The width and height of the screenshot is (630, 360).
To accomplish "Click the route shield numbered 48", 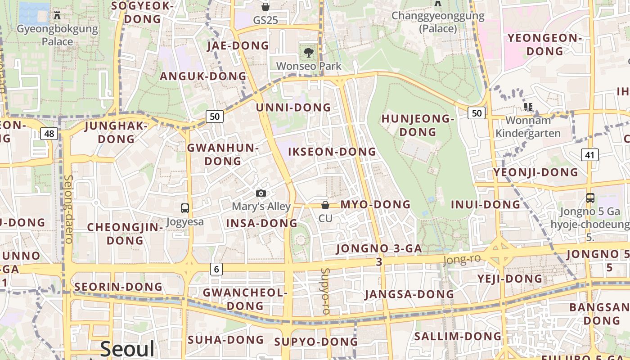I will pyautogui.click(x=49, y=133).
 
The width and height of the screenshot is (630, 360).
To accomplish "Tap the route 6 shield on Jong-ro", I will pyautogui.click(x=216, y=269).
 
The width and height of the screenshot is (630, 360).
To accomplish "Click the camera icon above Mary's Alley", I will pyautogui.click(x=261, y=193).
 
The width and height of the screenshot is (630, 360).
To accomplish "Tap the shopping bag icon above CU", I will pyautogui.click(x=325, y=205).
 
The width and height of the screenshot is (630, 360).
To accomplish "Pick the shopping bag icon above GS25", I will pyautogui.click(x=265, y=7).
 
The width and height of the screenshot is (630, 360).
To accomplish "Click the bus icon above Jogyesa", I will pyautogui.click(x=184, y=208).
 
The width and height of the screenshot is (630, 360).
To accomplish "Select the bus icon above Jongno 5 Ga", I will pyautogui.click(x=590, y=198).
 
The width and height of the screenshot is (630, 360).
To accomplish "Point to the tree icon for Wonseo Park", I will pyautogui.click(x=308, y=53).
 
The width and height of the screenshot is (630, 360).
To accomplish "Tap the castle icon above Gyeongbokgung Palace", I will pyautogui.click(x=57, y=15).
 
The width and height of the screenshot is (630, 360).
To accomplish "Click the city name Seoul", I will pyautogui.click(x=127, y=349).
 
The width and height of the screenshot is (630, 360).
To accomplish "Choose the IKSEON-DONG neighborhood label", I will pyautogui.click(x=332, y=152).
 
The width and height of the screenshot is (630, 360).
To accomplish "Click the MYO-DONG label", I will pyautogui.click(x=375, y=205).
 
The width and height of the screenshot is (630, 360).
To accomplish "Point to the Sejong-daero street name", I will pyautogui.click(x=68, y=209).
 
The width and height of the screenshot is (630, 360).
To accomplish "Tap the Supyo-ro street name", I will pyautogui.click(x=326, y=291).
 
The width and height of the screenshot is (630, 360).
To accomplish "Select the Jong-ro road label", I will pyautogui.click(x=461, y=260).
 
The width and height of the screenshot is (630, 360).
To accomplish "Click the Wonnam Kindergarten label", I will pyautogui.click(x=528, y=127).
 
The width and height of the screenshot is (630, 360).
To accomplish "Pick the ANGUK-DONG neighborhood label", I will pyautogui.click(x=203, y=76).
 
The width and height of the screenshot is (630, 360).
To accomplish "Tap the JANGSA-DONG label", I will pyautogui.click(x=409, y=294).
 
